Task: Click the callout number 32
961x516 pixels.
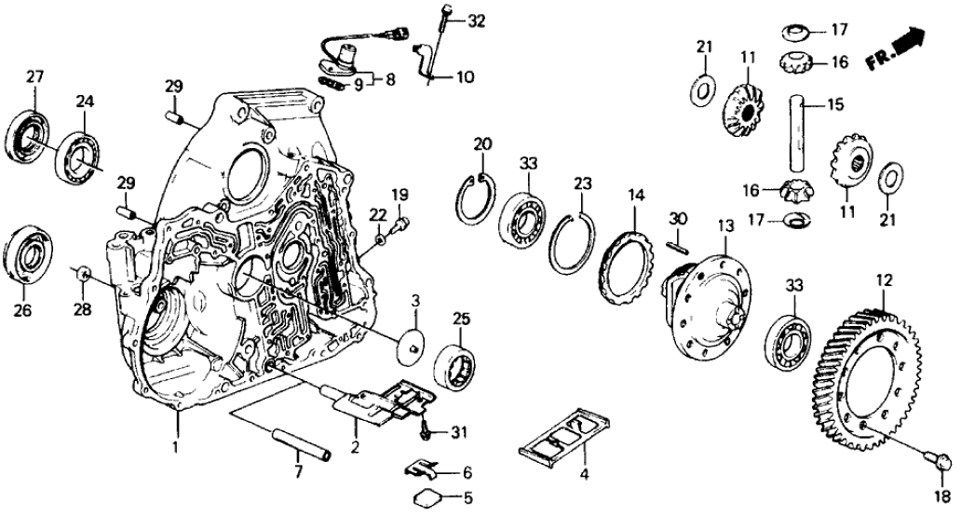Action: [x=477, y=20]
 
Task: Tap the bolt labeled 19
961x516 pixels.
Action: [x=399, y=224]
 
